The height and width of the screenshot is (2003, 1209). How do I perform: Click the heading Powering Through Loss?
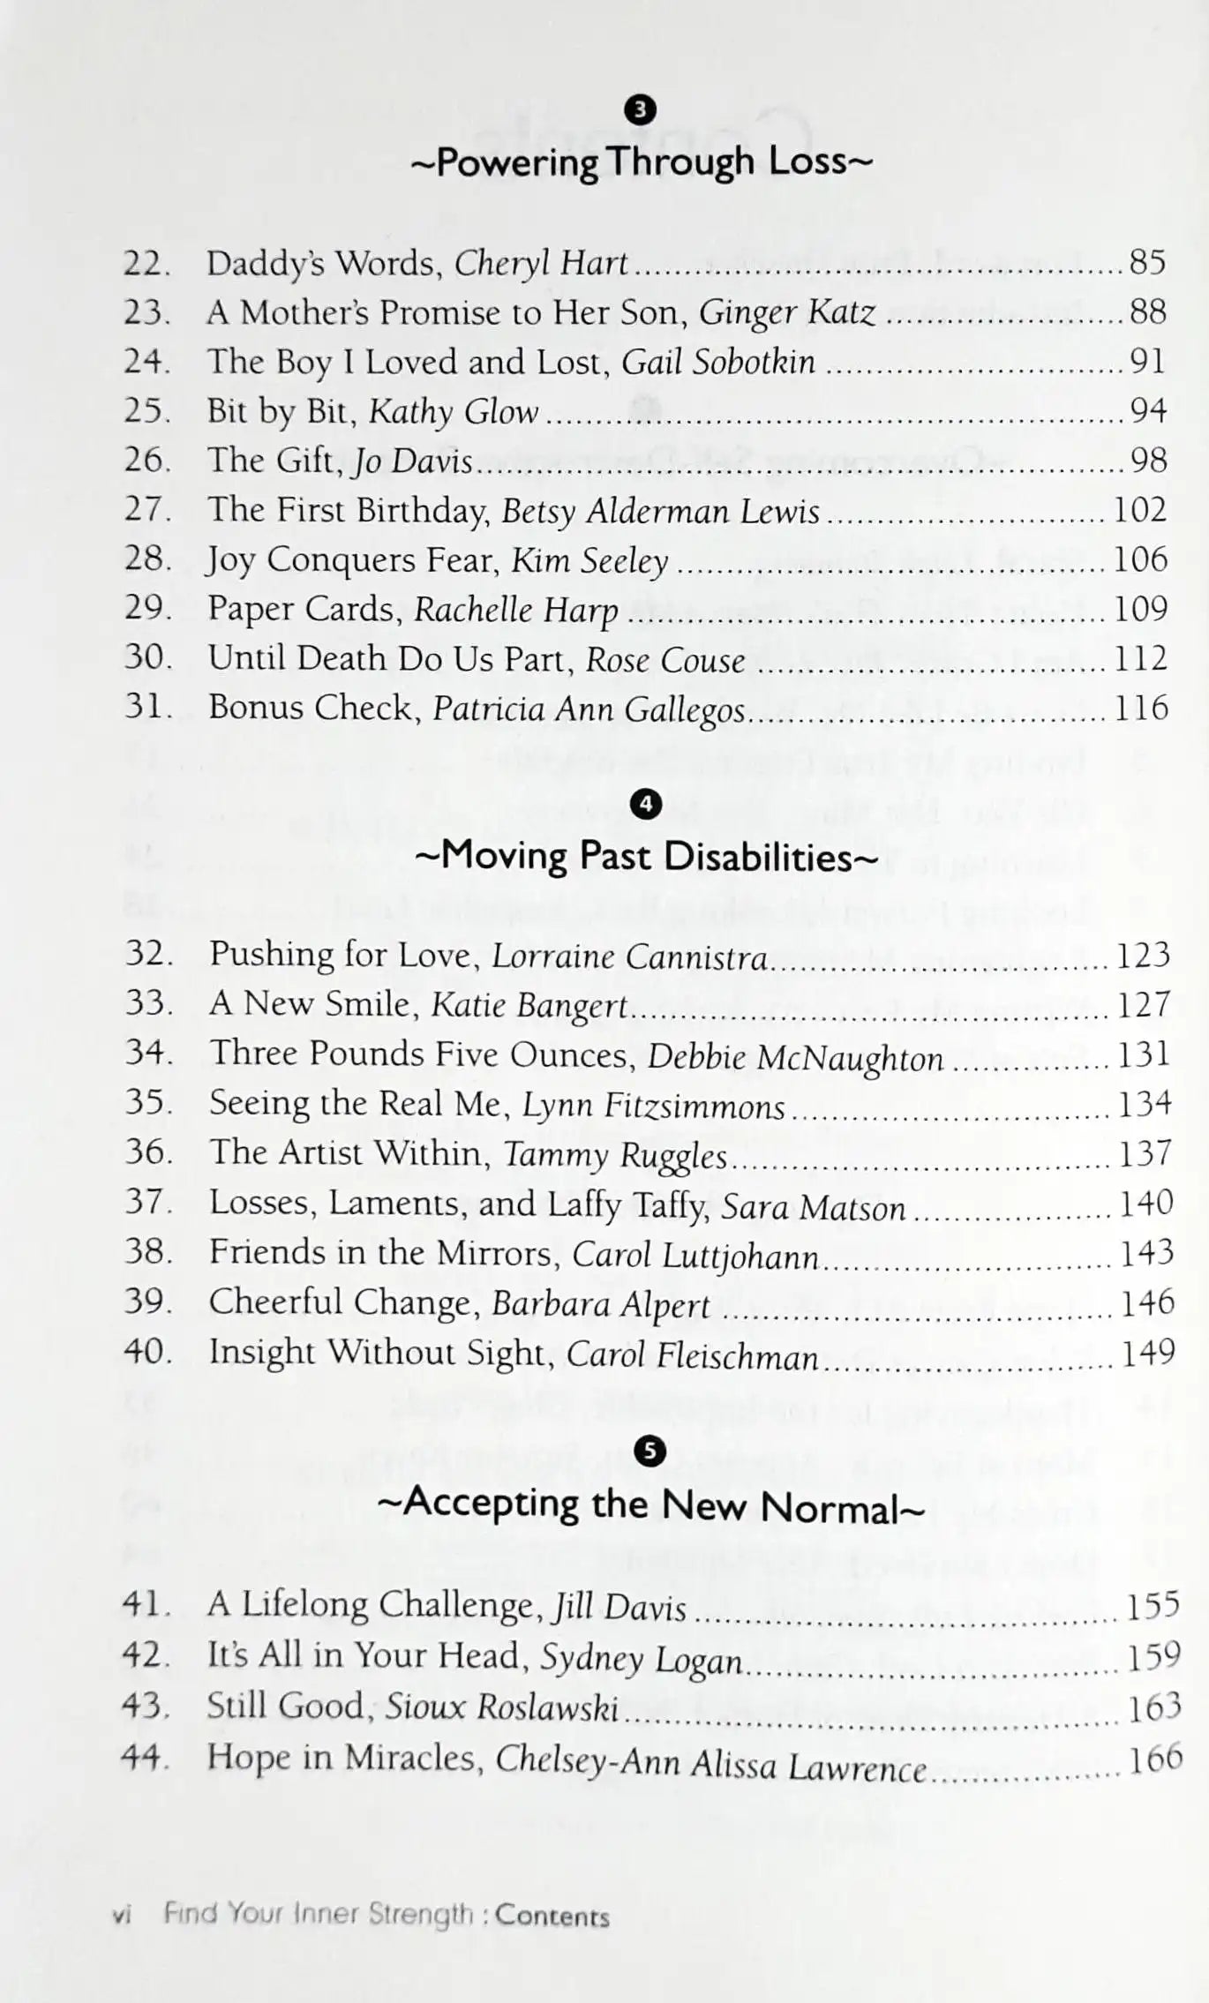[x=642, y=162]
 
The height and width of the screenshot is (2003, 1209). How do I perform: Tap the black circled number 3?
[x=641, y=109]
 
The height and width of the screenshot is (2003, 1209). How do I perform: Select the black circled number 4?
[x=647, y=804]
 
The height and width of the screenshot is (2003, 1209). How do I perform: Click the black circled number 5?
[x=650, y=1452]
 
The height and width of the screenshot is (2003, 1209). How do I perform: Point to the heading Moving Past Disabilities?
[x=646, y=856]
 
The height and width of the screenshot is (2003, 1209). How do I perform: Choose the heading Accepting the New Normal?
[x=651, y=1506]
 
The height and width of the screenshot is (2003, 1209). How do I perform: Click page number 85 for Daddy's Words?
[x=1147, y=262]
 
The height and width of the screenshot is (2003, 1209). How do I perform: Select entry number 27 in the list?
[x=146, y=510]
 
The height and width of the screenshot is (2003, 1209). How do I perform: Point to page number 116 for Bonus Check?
[x=1141, y=708]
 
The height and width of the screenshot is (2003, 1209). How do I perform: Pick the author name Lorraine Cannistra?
[x=629, y=956]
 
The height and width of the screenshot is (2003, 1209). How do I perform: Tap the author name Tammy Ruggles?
[x=615, y=1155]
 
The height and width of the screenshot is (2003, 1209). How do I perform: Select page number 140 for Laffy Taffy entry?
[x=1146, y=1204]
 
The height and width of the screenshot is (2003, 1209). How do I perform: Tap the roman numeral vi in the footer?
[x=123, y=1916]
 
